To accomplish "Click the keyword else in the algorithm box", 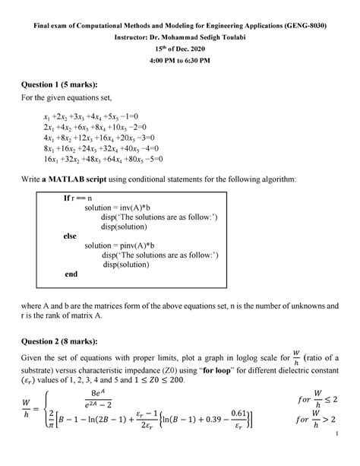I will click(x=71, y=236).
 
